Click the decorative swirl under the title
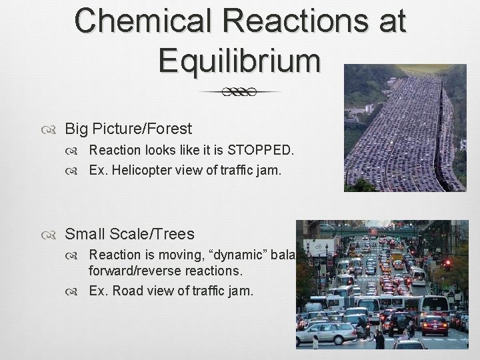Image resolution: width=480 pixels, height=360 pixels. pyautogui.click(x=240, y=92)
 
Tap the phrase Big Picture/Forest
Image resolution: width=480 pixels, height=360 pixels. pyautogui.click(x=128, y=128)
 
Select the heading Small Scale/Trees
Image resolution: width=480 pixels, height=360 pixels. pyautogui.click(x=129, y=234)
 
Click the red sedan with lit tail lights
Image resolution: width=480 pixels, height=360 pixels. pyautogui.click(x=435, y=325)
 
